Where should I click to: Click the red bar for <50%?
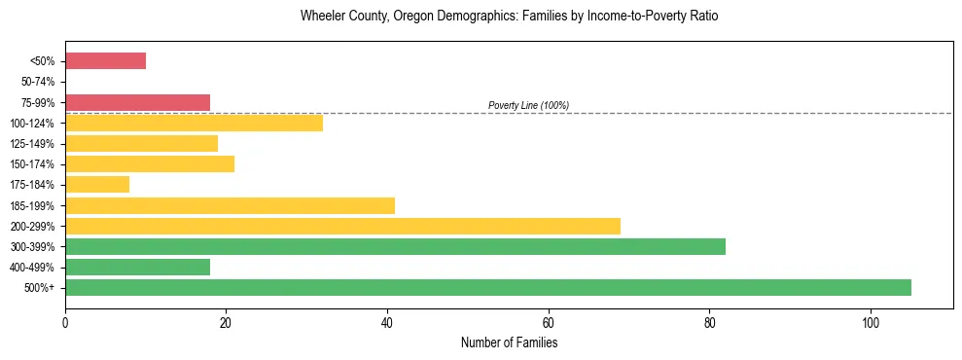105,61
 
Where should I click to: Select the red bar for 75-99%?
137,102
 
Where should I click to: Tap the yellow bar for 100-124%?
194,123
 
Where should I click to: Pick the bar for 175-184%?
97,184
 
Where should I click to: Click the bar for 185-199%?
230,205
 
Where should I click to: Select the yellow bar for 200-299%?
342,226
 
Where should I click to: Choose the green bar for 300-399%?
395,246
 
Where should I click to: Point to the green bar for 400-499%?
137,267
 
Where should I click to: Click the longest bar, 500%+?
488,287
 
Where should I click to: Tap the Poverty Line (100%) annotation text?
528,105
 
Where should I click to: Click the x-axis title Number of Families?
509,343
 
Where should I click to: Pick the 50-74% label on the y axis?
37,82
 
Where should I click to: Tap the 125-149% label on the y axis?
33,143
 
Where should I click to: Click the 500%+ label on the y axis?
40,287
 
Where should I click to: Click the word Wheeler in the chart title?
322,17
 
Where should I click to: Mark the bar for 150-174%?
150,163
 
